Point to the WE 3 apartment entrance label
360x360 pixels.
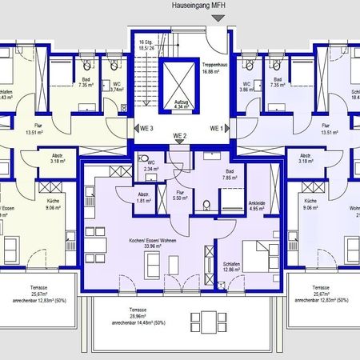[146, 127]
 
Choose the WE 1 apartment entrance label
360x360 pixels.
[215, 127]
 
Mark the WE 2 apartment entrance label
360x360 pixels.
[181, 138]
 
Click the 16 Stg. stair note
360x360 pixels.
[145, 45]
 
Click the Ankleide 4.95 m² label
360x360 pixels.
[257, 206]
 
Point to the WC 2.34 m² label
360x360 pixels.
[150, 166]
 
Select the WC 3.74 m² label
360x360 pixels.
[116, 88]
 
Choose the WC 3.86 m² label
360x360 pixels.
[246, 88]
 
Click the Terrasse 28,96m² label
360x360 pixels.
[142, 317]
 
